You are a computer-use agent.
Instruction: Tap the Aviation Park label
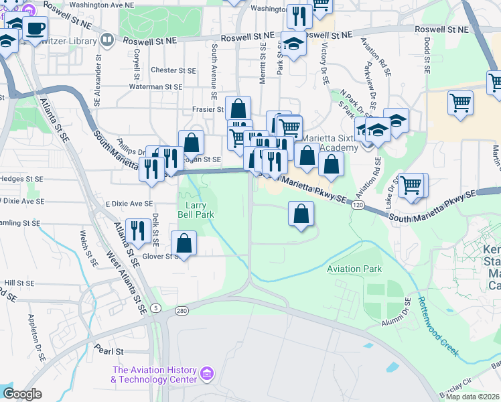[x=354, y=269]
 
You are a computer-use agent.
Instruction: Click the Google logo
[x=22, y=393]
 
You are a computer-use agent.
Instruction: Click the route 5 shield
[x=155, y=308]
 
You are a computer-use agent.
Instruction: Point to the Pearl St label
[x=110, y=350]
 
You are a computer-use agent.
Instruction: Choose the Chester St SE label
[x=173, y=70]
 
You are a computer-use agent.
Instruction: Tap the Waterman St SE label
[x=155, y=87]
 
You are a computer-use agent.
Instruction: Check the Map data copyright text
[x=472, y=397]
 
